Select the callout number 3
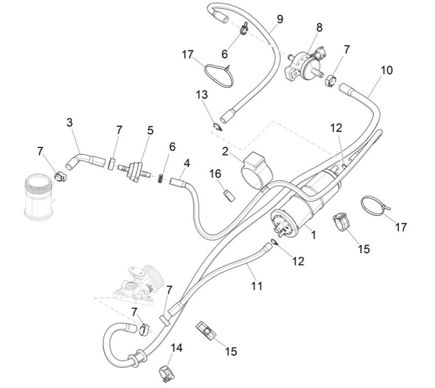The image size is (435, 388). (70, 123)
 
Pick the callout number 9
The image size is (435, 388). (280, 19)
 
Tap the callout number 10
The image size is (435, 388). (386, 70)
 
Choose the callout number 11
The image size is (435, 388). (257, 286)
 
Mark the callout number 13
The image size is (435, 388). (202, 95)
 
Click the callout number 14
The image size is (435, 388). (177, 348)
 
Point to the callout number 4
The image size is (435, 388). (187, 164)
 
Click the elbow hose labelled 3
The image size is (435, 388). (81, 159)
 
